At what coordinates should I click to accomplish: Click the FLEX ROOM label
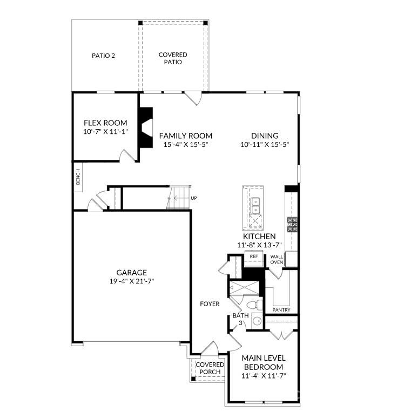pos(105,123)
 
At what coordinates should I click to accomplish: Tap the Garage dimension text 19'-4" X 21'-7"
pos(131,281)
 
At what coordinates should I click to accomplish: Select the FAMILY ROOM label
pos(186,136)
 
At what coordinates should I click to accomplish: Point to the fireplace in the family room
pos(146,127)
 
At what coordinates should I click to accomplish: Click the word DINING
pos(265,136)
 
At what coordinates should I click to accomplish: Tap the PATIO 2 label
pos(103,56)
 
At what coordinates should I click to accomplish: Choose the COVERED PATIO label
pos(173,58)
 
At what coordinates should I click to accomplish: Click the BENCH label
pos(78,177)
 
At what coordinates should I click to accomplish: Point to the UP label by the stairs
pos(193,198)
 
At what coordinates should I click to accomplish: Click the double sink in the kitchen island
pos(255,206)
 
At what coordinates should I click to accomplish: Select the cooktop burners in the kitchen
pos(292,225)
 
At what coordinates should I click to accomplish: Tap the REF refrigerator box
pos(254,259)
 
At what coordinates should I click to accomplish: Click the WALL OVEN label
pos(277,259)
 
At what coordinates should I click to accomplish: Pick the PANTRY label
pos(281,310)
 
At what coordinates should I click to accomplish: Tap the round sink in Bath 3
pos(257,321)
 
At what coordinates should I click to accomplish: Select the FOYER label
pos(210,304)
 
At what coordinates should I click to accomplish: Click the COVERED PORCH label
pos(210,368)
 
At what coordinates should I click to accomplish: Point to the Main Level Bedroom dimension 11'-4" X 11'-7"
pos(264,376)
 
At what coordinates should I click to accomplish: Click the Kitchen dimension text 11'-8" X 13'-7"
pos(259,245)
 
